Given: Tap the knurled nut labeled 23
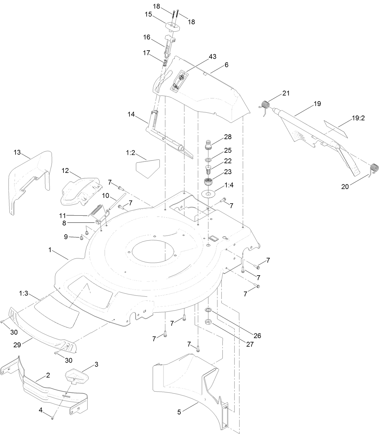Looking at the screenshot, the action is click(x=208, y=182).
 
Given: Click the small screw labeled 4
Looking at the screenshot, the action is click(x=53, y=418).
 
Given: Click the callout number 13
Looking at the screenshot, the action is click(x=17, y=152).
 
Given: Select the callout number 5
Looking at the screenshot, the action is click(x=179, y=412).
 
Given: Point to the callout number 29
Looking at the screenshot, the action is click(x=17, y=345).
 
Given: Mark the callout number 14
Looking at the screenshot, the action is click(x=131, y=114).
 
